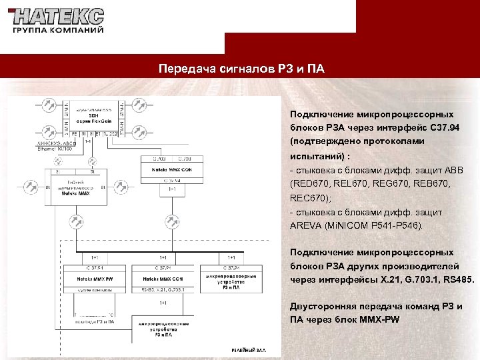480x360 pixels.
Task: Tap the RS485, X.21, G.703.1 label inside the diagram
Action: (163, 289)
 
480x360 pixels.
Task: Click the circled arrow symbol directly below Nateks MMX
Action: (75, 219)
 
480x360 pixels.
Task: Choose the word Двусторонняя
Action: (323, 307)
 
